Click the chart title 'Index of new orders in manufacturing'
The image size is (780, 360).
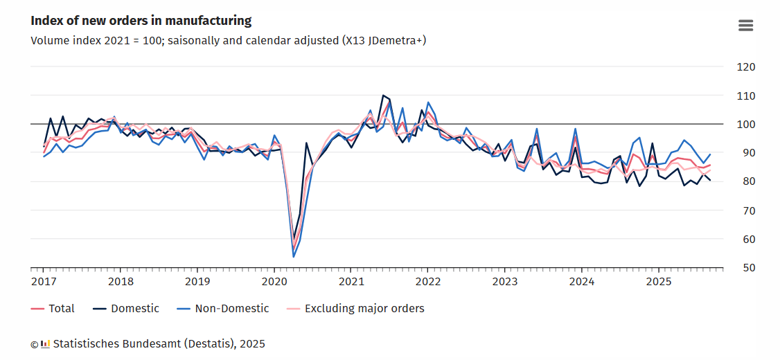coord(141,21)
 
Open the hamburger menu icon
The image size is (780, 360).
coord(745,26)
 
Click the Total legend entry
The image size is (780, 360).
coord(53,308)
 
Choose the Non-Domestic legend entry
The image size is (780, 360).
coord(222,308)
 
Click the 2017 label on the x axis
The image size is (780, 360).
coord(43,281)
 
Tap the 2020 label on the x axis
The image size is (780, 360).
coord(274,281)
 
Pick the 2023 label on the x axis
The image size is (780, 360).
coord(505,281)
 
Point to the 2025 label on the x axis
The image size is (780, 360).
coord(659,281)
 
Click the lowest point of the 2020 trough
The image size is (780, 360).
coord(294,257)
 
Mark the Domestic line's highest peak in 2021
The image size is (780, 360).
coord(383,96)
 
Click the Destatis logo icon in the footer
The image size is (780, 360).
coord(46,343)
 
